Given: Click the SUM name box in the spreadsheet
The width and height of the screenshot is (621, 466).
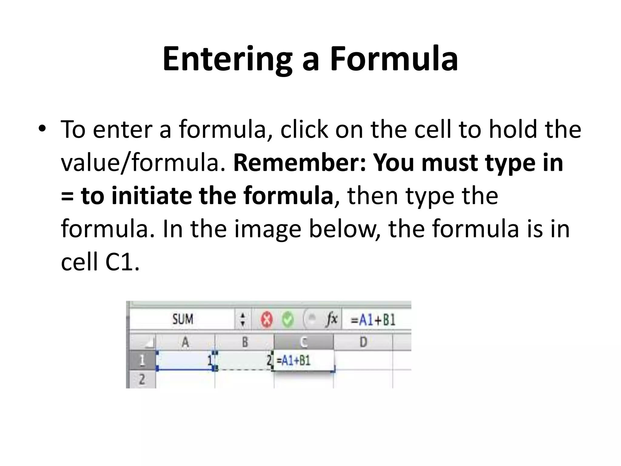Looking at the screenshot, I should pyautogui.click(x=183, y=319).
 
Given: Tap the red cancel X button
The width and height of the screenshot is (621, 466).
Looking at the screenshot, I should pyautogui.click(x=267, y=319).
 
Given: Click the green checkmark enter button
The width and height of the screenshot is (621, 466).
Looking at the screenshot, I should pyautogui.click(x=287, y=319).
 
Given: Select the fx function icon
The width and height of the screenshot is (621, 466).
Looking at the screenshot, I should pyautogui.click(x=332, y=319).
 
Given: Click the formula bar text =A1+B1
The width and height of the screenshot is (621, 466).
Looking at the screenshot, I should pyautogui.click(x=373, y=320).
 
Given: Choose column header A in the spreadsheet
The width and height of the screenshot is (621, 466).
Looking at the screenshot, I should pyautogui.click(x=185, y=343).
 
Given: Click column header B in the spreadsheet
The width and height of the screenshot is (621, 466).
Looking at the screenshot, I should pyautogui.click(x=245, y=343).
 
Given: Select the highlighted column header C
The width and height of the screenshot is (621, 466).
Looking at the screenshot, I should pyautogui.click(x=304, y=343).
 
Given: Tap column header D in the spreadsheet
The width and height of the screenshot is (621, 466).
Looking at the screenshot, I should pyautogui.click(x=363, y=343).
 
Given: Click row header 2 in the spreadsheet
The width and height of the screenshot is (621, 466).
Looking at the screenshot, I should pyautogui.click(x=142, y=379).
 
